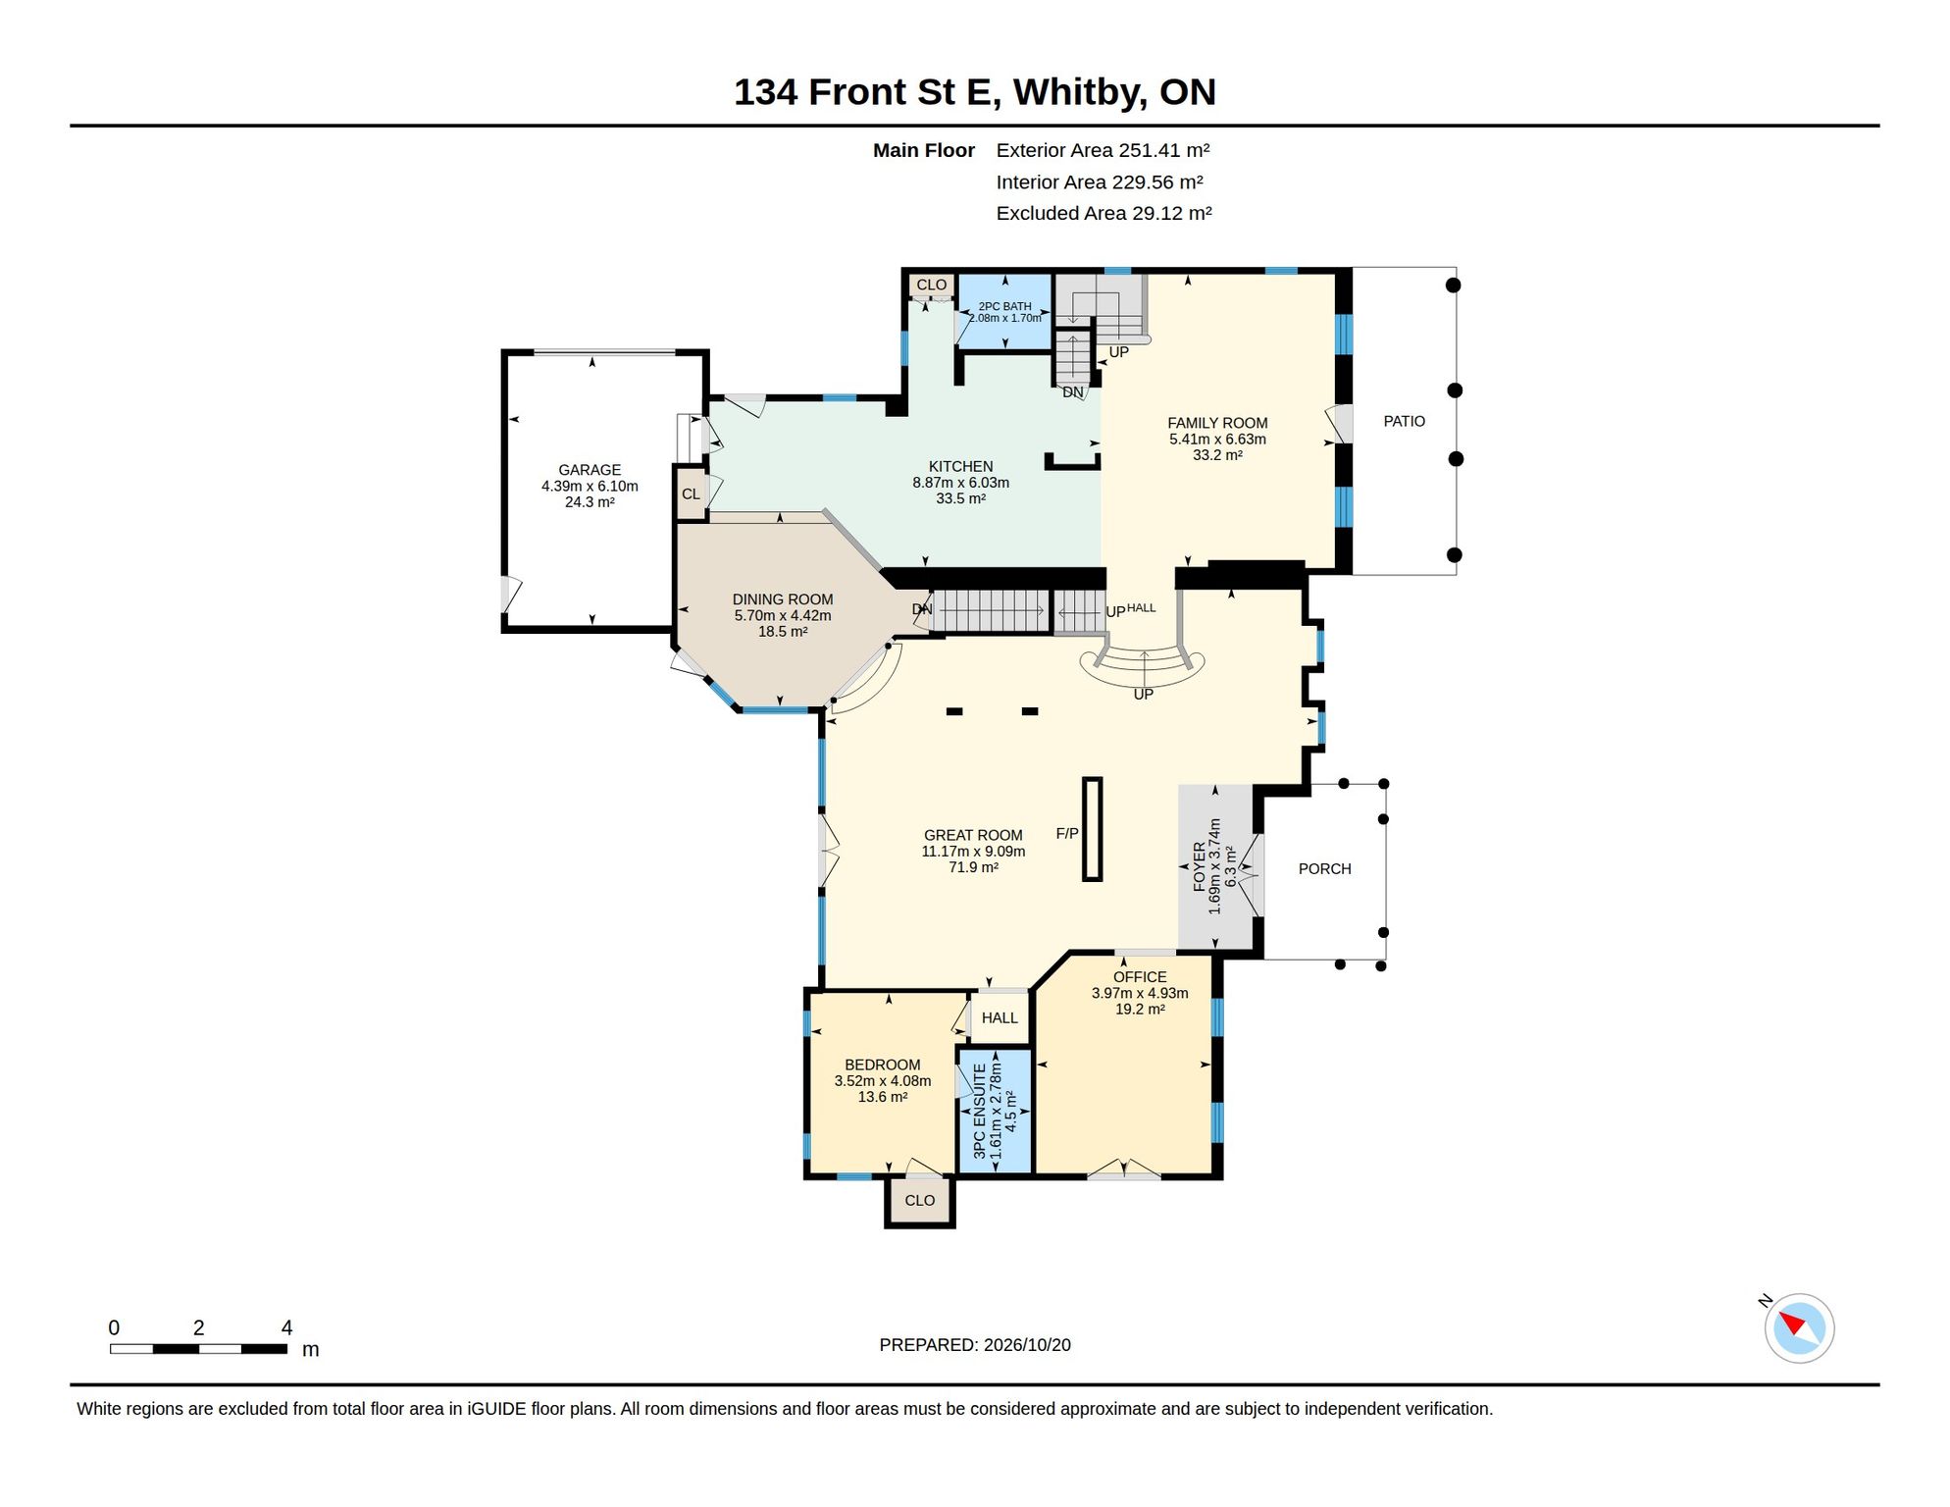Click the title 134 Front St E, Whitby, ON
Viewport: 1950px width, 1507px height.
975,92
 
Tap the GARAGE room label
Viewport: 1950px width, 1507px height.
590,470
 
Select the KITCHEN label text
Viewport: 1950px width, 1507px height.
961,466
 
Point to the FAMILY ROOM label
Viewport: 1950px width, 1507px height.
1217,423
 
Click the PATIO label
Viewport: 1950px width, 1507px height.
1405,421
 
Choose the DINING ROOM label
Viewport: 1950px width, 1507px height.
783,599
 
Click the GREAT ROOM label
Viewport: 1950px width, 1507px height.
973,835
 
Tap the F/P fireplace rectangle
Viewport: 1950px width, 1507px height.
1093,829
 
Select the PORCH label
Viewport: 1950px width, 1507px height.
1325,869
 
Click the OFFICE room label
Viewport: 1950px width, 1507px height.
1140,977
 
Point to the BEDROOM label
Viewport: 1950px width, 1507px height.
883,1065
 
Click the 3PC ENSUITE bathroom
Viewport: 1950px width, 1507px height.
996,1111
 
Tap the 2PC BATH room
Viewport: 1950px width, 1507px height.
1004,312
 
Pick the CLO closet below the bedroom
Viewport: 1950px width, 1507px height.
920,1201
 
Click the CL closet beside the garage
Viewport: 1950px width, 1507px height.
692,494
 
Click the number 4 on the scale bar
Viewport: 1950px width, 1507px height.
286,1327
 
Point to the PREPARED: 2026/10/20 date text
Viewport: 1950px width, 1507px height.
975,1345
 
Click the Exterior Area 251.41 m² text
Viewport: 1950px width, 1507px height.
1103,150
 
